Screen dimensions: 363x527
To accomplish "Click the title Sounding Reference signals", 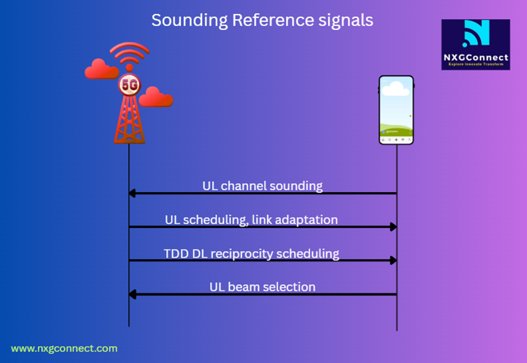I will click(x=262, y=20).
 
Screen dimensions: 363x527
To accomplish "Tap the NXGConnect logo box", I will click(x=475, y=44).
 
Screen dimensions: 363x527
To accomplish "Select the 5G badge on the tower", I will click(x=129, y=85).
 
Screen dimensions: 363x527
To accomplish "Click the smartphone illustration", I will click(x=396, y=110).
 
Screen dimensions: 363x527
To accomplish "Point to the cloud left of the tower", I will click(x=102, y=69).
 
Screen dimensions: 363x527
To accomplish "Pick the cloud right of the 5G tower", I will click(x=157, y=97).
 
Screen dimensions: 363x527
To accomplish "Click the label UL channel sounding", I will click(x=263, y=186).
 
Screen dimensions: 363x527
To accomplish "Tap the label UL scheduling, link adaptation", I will click(x=251, y=219).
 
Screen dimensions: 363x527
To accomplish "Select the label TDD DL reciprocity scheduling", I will click(x=251, y=253).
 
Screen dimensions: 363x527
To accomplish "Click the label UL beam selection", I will click(x=263, y=286).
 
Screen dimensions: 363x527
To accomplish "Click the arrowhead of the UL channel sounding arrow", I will click(x=133, y=193).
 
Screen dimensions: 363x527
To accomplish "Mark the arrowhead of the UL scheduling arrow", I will click(x=393, y=227).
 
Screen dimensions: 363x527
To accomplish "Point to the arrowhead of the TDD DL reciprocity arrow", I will click(x=393, y=260).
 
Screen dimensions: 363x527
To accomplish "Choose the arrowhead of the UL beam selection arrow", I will click(x=133, y=294).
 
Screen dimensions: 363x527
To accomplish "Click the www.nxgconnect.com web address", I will click(x=64, y=348).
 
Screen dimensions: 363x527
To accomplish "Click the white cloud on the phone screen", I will click(x=396, y=89).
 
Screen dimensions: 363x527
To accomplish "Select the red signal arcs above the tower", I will click(x=129, y=54).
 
